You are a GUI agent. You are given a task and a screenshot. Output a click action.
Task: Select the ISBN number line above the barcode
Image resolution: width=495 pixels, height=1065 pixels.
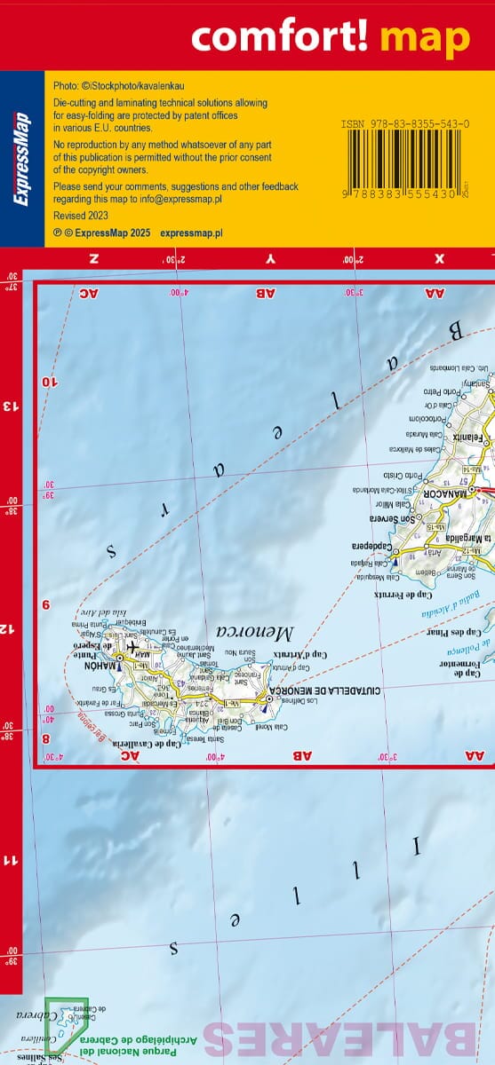[404, 124]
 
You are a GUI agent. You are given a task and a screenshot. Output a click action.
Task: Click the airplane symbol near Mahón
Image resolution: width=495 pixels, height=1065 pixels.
[133, 646]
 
